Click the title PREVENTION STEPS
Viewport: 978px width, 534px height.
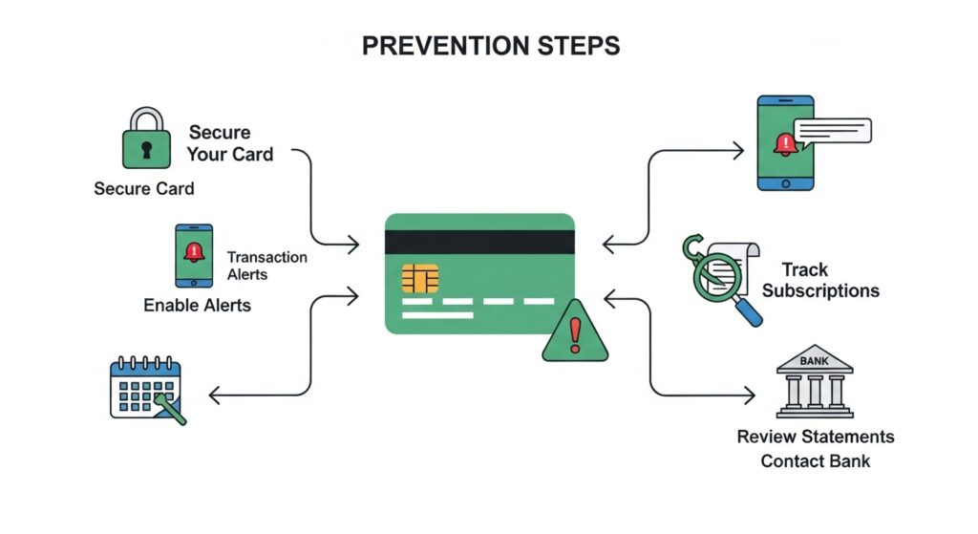click(x=488, y=45)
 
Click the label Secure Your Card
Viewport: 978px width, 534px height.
click(x=230, y=142)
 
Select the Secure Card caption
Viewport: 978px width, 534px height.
click(x=144, y=188)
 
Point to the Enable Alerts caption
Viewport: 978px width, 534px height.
click(x=198, y=306)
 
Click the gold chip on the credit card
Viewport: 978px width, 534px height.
click(x=420, y=279)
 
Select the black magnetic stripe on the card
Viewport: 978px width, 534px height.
click(x=479, y=243)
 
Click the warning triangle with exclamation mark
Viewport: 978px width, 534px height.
click(x=575, y=332)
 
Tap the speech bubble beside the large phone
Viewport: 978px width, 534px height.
click(x=834, y=131)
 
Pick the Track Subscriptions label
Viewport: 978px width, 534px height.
click(x=820, y=281)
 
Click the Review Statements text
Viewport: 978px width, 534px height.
click(x=815, y=437)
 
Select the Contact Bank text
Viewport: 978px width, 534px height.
click(x=815, y=461)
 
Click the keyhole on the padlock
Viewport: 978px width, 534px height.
click(x=146, y=150)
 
